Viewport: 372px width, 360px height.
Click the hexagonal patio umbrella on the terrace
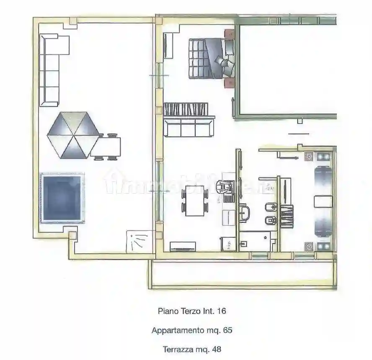pyautogui.click(x=73, y=135)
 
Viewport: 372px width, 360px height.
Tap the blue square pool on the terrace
pyautogui.click(x=62, y=198)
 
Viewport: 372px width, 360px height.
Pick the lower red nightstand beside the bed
pyautogui.click(x=229, y=83)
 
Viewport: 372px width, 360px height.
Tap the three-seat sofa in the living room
pyautogui.click(x=189, y=128)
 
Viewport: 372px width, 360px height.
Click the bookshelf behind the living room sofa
pyautogui.click(x=186, y=109)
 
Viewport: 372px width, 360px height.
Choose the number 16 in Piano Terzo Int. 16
pyautogui.click(x=222, y=311)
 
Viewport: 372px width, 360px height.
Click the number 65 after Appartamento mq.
pyautogui.click(x=227, y=330)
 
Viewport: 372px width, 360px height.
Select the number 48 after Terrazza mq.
pyautogui.click(x=217, y=349)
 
